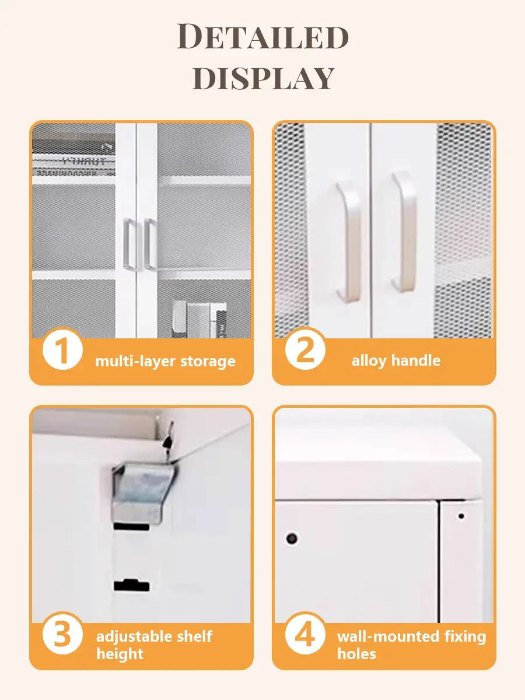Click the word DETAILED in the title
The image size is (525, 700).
pos(262,36)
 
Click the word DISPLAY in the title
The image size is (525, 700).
pos(264,78)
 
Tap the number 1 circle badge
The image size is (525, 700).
pos(62,348)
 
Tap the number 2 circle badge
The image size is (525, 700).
pos(305,348)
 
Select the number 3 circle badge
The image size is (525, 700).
pos(62,633)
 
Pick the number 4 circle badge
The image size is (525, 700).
pos(305,633)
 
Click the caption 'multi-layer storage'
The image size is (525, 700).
pos(165,361)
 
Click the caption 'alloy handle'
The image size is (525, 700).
pos(396,360)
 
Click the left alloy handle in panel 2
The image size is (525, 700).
pos(349,242)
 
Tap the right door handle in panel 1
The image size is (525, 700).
pos(150,244)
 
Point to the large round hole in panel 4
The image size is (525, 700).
pos(292,538)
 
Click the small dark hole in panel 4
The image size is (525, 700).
pos(461,516)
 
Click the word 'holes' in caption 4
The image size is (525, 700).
pos(356,654)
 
